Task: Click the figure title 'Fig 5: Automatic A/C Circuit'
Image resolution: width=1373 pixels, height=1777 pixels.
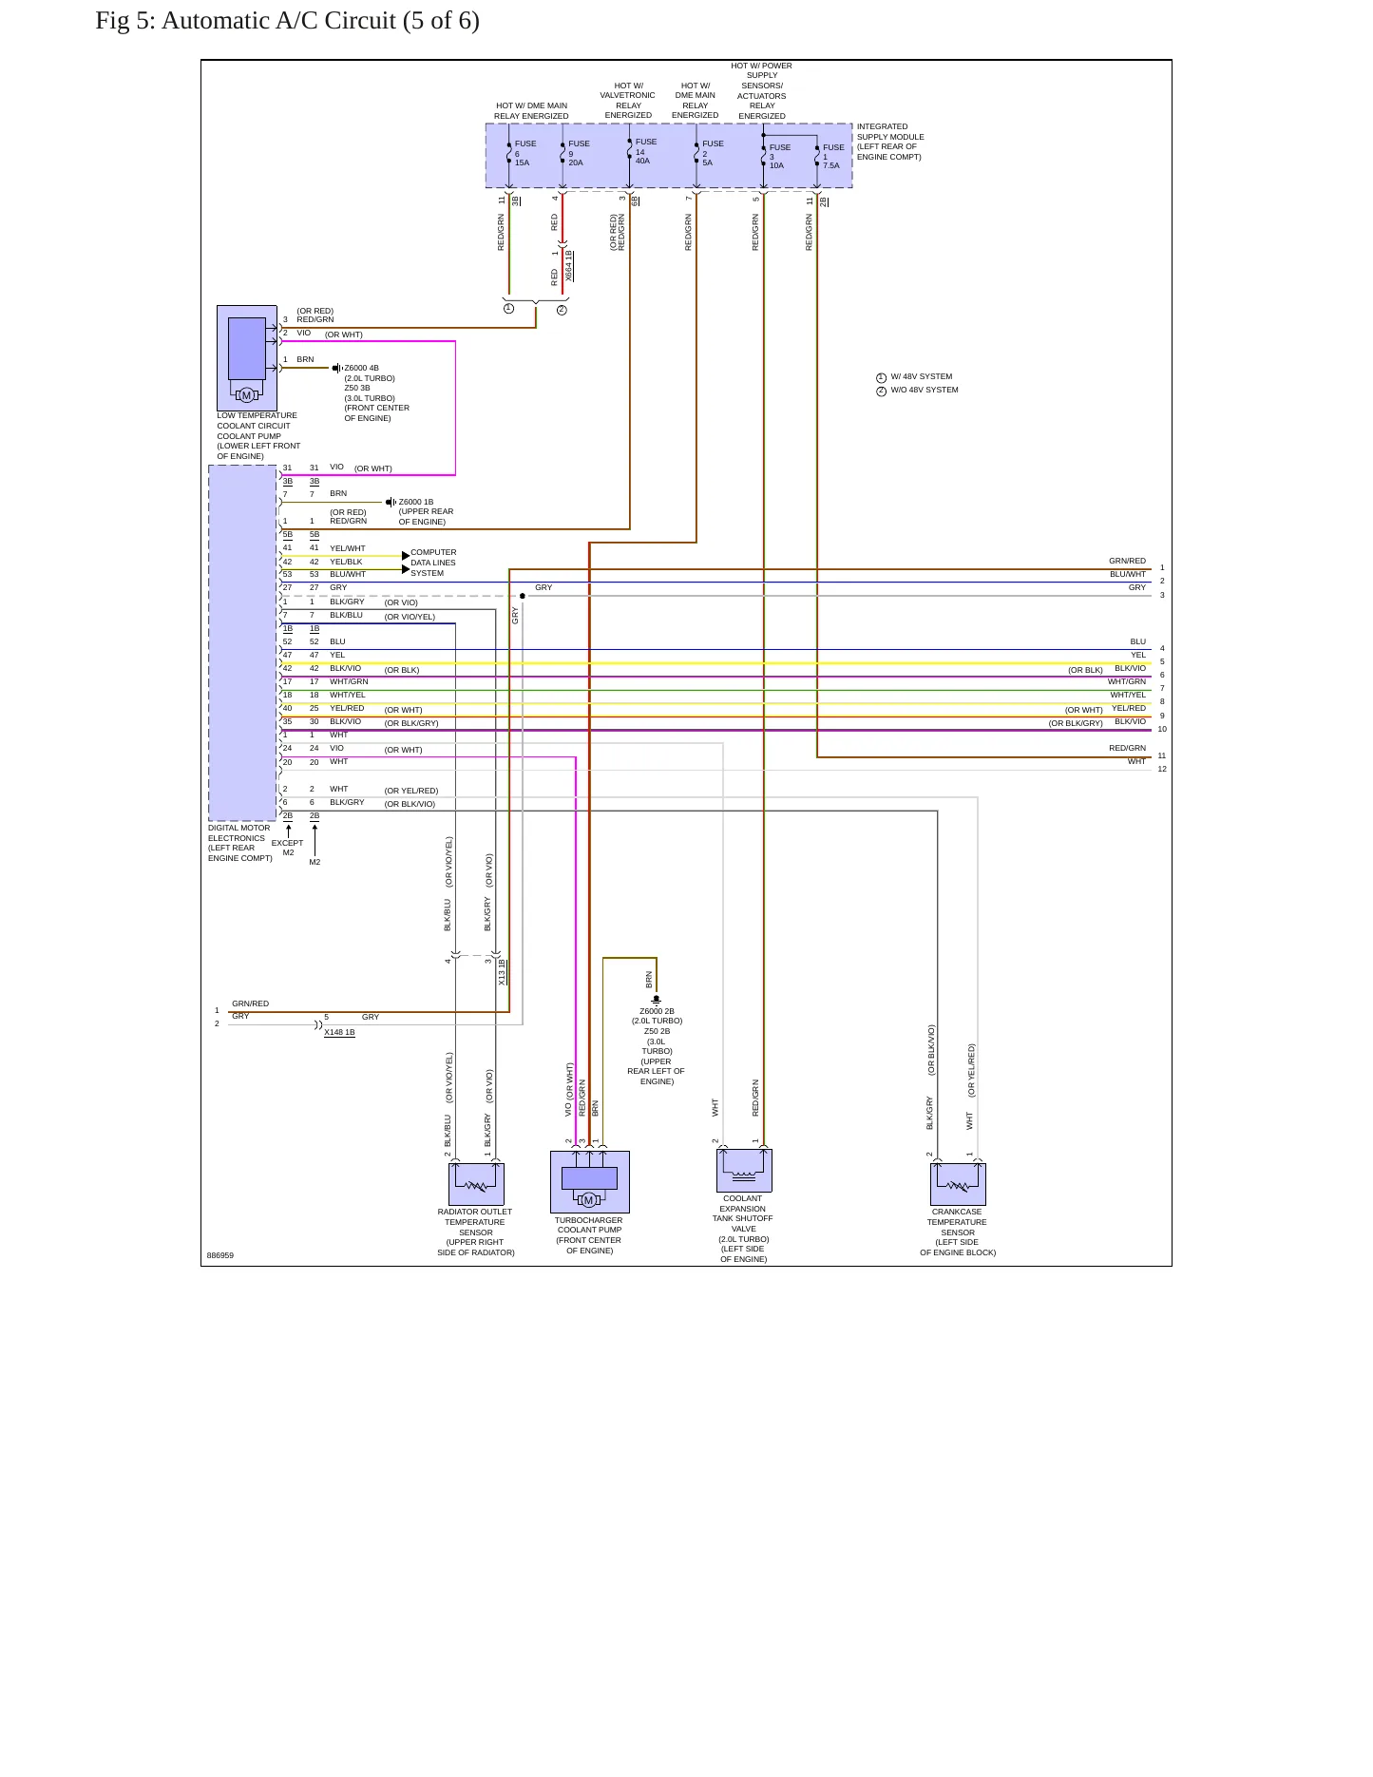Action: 245,21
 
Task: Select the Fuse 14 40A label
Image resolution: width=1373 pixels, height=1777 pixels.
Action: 645,151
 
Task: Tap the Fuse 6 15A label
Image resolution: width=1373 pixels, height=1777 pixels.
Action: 524,153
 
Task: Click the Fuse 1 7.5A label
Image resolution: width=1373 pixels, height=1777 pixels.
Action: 832,157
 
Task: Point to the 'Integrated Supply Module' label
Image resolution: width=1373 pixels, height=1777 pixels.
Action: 890,142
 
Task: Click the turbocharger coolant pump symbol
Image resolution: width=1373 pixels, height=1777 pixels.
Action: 589,1182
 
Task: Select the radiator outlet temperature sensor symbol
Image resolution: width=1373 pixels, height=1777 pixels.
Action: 476,1184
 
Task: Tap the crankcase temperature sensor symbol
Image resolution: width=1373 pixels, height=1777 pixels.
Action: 958,1184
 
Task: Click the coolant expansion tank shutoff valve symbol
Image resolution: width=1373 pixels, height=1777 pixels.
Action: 744,1171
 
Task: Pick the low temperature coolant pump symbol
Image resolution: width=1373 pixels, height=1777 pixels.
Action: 247,358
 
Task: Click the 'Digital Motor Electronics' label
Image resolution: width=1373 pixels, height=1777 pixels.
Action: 239,843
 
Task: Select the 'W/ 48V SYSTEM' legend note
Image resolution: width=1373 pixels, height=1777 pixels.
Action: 914,377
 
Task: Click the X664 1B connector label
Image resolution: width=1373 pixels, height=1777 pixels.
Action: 569,266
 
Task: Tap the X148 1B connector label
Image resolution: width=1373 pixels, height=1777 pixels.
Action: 339,1032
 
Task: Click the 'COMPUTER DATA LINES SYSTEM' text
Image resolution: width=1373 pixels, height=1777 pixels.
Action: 433,563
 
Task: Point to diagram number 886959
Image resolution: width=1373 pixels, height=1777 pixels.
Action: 220,1255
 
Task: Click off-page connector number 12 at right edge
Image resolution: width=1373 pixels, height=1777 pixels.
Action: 1162,770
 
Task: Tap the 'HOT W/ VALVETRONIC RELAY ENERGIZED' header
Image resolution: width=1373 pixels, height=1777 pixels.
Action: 628,101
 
